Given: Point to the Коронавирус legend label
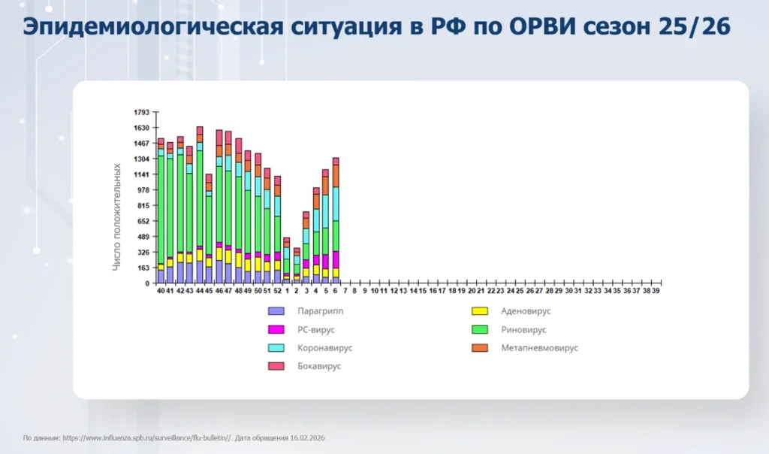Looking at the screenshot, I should click(x=324, y=348).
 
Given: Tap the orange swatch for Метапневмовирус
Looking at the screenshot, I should click(x=480, y=348).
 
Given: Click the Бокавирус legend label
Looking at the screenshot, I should click(x=318, y=366).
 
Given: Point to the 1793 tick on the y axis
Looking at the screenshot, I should click(x=142, y=112).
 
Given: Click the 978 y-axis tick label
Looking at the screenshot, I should click(x=143, y=190).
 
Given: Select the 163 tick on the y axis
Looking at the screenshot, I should click(x=143, y=268).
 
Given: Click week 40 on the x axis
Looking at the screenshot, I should click(x=161, y=290).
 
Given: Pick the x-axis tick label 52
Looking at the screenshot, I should click(x=277, y=290).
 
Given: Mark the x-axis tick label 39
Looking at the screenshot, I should click(x=656, y=290).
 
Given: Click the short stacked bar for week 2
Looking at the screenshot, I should click(x=297, y=267).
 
